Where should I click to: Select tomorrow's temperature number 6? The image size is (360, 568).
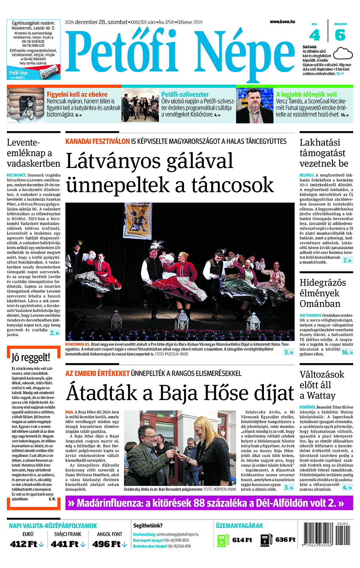click(x=340, y=35)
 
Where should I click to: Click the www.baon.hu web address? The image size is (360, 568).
click(x=282, y=22)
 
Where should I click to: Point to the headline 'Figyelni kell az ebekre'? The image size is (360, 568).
click(x=77, y=95)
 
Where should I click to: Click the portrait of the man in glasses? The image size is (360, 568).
click(x=254, y=106)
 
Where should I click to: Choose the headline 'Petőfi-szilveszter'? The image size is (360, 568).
click(x=185, y=95)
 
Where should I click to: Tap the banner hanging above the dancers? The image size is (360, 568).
click(x=138, y=219)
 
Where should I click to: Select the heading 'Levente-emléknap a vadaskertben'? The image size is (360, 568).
click(x=33, y=153)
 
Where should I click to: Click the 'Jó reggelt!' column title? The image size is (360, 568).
click(x=31, y=357)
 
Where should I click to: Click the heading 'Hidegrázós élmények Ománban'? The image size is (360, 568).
click(x=323, y=293)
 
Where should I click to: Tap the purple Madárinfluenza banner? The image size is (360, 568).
click(x=209, y=503)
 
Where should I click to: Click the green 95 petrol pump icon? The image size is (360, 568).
click(x=223, y=540)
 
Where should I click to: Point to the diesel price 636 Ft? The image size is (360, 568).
click(x=285, y=540)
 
